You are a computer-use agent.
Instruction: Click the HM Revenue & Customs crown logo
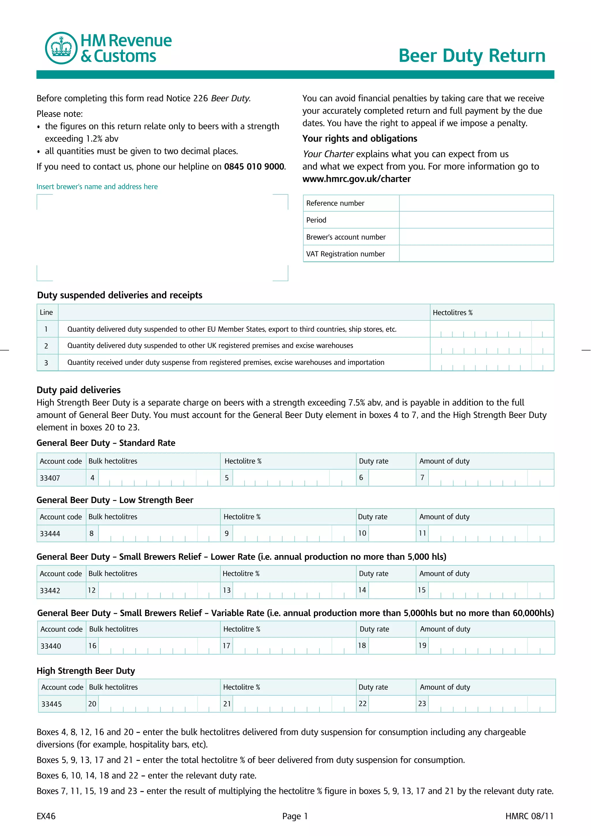(61, 48)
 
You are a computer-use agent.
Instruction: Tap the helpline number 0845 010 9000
(254, 167)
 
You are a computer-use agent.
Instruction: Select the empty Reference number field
(476, 203)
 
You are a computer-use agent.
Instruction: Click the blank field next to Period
(476, 220)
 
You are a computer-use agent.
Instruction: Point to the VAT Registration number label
(345, 254)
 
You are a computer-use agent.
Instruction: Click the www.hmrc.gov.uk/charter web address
(356, 179)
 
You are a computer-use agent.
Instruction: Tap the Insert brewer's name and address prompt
(97, 187)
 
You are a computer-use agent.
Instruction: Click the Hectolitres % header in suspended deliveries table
(452, 312)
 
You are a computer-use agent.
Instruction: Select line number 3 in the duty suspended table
(46, 363)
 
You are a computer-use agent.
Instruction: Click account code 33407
(50, 478)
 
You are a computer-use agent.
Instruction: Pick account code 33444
(50, 534)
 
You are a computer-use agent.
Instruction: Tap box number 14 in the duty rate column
(362, 590)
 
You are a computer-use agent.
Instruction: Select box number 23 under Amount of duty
(422, 703)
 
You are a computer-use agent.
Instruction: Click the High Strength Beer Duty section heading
(86, 671)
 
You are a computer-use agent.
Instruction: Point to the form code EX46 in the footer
(46, 816)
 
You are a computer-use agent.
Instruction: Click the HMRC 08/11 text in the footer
(529, 816)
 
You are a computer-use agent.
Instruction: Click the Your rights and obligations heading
(360, 138)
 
